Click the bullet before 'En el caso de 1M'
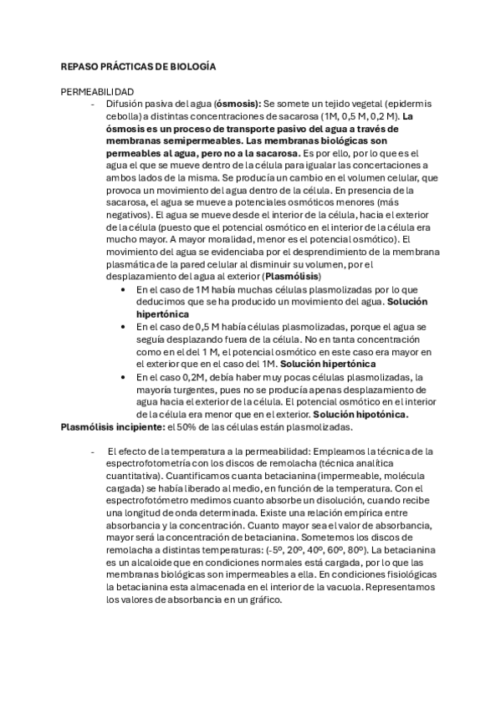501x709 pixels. [124, 288]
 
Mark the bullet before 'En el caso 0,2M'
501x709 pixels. [124, 377]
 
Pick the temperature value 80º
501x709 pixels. [355, 553]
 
